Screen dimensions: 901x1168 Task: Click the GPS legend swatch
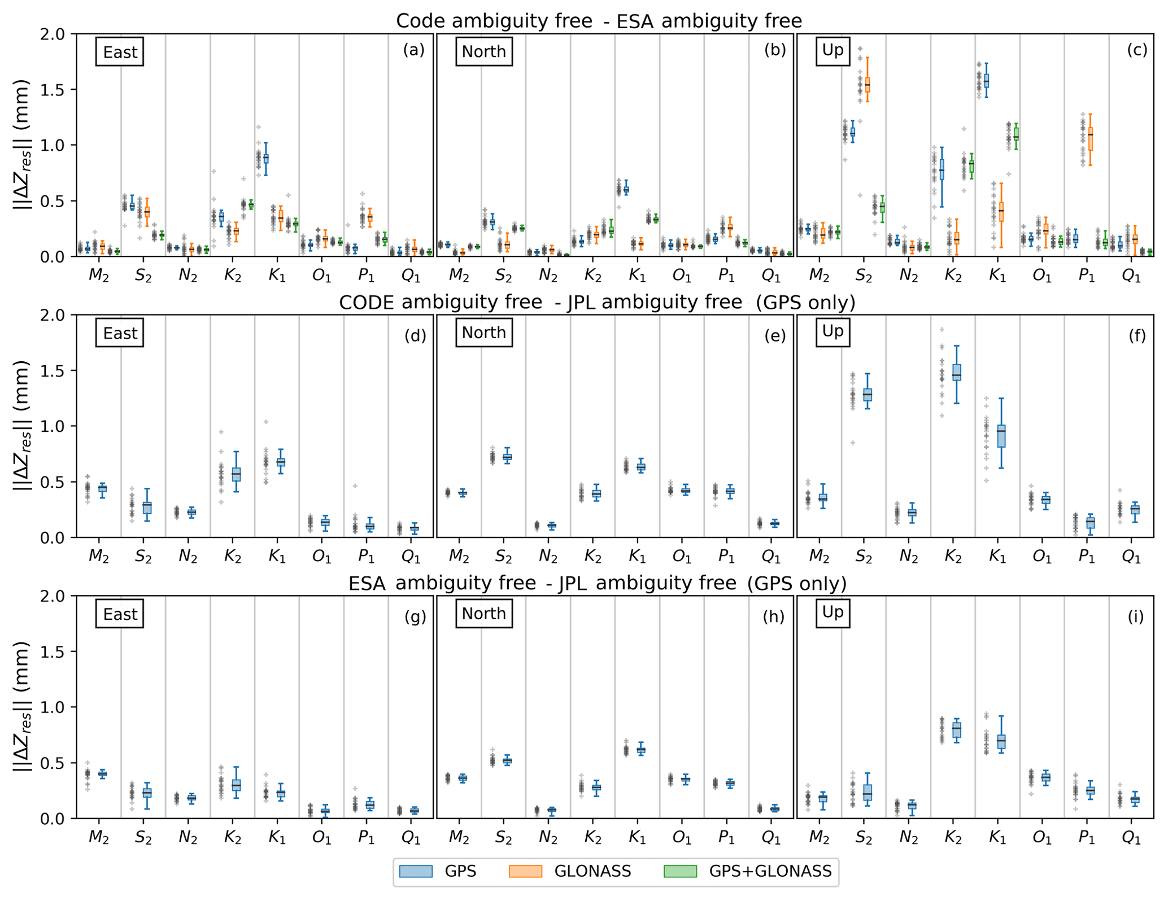(x=415, y=871)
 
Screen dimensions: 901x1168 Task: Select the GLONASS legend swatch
(x=525, y=871)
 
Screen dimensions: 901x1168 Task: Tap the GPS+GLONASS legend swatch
(x=679, y=871)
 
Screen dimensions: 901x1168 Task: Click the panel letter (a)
(x=413, y=50)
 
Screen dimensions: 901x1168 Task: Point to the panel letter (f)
(x=1137, y=336)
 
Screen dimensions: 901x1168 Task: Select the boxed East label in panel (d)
(x=120, y=333)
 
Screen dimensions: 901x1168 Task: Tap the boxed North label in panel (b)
(x=483, y=52)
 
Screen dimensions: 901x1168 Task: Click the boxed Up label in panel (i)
(x=833, y=613)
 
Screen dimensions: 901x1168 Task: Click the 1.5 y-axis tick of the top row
(x=54, y=90)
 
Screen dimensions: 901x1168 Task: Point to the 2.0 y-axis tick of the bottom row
(x=54, y=596)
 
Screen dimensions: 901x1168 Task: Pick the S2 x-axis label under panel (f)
(x=864, y=557)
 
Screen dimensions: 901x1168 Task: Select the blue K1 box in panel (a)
(x=266, y=159)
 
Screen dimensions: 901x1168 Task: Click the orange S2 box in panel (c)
(x=868, y=84)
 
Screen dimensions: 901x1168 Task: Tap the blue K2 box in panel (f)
(x=957, y=373)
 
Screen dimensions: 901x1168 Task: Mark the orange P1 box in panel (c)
(x=1090, y=138)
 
